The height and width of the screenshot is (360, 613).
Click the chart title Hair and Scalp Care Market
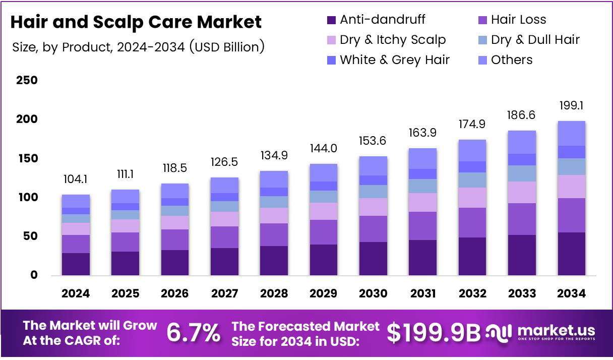(x=136, y=22)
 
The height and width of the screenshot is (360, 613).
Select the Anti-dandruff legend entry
(x=376, y=20)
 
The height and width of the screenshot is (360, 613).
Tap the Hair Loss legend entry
(x=511, y=20)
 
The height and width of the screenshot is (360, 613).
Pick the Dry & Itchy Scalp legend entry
(x=386, y=40)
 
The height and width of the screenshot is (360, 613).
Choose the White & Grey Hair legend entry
(x=388, y=60)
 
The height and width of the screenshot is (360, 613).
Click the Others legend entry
(x=505, y=60)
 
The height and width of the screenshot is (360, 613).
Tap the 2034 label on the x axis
(x=571, y=293)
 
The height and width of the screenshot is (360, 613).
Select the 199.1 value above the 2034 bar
(x=571, y=106)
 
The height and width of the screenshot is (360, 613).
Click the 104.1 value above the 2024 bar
(x=76, y=179)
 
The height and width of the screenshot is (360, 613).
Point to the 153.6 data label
(x=373, y=141)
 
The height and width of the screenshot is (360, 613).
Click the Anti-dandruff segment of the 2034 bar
(x=571, y=254)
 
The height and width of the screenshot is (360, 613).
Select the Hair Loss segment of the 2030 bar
(x=373, y=229)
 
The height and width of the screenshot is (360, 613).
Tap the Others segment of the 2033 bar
(x=522, y=142)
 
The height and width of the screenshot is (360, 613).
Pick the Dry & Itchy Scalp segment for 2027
(x=224, y=219)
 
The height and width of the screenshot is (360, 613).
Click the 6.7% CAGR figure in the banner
(x=193, y=333)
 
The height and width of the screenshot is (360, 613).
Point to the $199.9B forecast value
(x=434, y=333)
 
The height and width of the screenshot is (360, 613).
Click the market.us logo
(x=541, y=333)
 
